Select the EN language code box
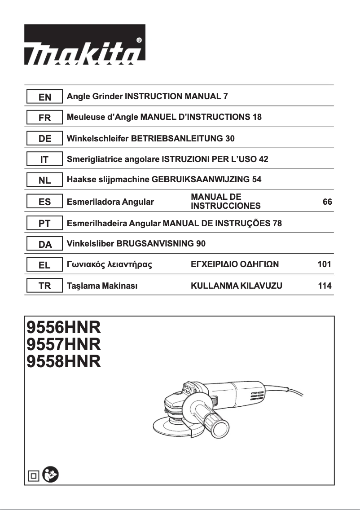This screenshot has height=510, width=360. point(44,97)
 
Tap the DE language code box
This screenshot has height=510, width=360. point(44,139)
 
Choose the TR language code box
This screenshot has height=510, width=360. point(44,286)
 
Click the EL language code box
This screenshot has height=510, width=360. point(44,265)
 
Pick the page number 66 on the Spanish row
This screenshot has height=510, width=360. point(327,202)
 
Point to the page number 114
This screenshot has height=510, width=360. point(324,286)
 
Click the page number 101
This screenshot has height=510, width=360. point(324,265)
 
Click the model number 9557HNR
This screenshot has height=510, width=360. point(64,344)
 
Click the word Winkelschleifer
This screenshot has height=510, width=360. point(97,139)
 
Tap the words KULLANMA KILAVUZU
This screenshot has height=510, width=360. point(237,286)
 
